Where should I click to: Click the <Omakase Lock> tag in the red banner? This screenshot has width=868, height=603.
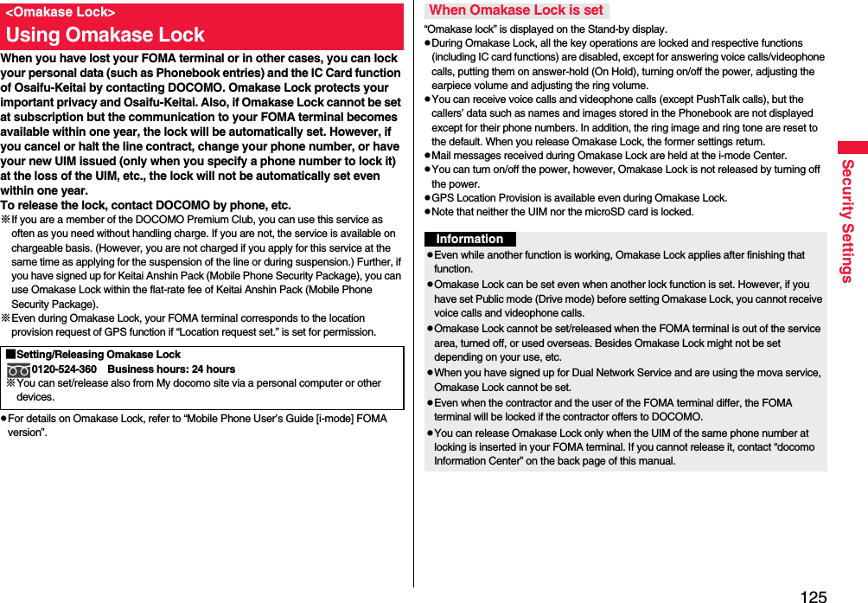(61, 12)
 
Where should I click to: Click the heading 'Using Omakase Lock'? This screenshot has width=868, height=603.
(105, 35)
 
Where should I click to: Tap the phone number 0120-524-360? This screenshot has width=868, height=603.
(64, 369)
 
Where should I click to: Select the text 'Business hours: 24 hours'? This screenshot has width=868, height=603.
(171, 369)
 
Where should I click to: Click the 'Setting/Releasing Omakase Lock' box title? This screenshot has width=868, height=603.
(97, 355)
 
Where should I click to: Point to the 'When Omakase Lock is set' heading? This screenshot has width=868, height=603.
(516, 10)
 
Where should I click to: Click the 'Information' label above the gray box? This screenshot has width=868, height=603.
(469, 239)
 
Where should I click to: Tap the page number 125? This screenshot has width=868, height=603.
(813, 595)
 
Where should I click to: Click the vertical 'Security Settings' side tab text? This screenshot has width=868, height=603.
(847, 221)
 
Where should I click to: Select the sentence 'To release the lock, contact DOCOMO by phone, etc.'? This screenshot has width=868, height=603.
(145, 205)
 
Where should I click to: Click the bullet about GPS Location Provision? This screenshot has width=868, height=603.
(579, 198)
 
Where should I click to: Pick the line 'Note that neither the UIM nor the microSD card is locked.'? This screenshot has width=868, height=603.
(562, 212)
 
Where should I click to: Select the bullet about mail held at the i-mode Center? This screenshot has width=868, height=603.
(609, 156)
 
